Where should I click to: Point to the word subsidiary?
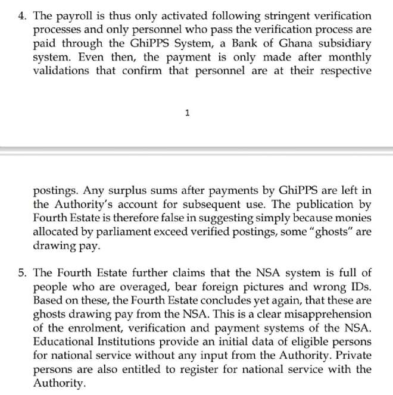click(x=342, y=43)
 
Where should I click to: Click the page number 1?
click(x=187, y=113)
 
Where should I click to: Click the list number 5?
click(x=23, y=273)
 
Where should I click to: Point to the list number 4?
click(x=23, y=16)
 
